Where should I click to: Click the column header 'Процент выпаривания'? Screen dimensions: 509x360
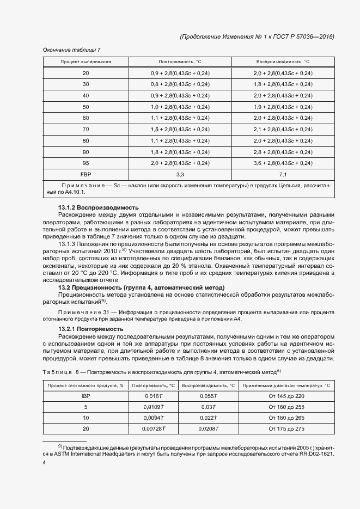tap(86, 62)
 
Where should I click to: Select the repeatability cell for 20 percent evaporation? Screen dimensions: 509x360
tap(180, 73)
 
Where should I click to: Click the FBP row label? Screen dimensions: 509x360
tap(86, 174)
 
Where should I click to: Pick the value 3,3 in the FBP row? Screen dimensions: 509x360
tap(180, 174)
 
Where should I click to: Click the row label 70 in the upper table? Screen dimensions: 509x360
tap(86, 129)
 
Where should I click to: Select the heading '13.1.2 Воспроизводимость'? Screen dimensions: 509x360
tap(98, 208)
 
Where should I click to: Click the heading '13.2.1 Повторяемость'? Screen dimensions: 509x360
tap(90, 329)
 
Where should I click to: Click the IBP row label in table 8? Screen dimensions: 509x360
tap(85, 396)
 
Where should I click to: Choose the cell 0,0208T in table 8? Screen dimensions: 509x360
tap(209, 428)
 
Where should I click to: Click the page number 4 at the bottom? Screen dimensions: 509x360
tap(44, 462)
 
